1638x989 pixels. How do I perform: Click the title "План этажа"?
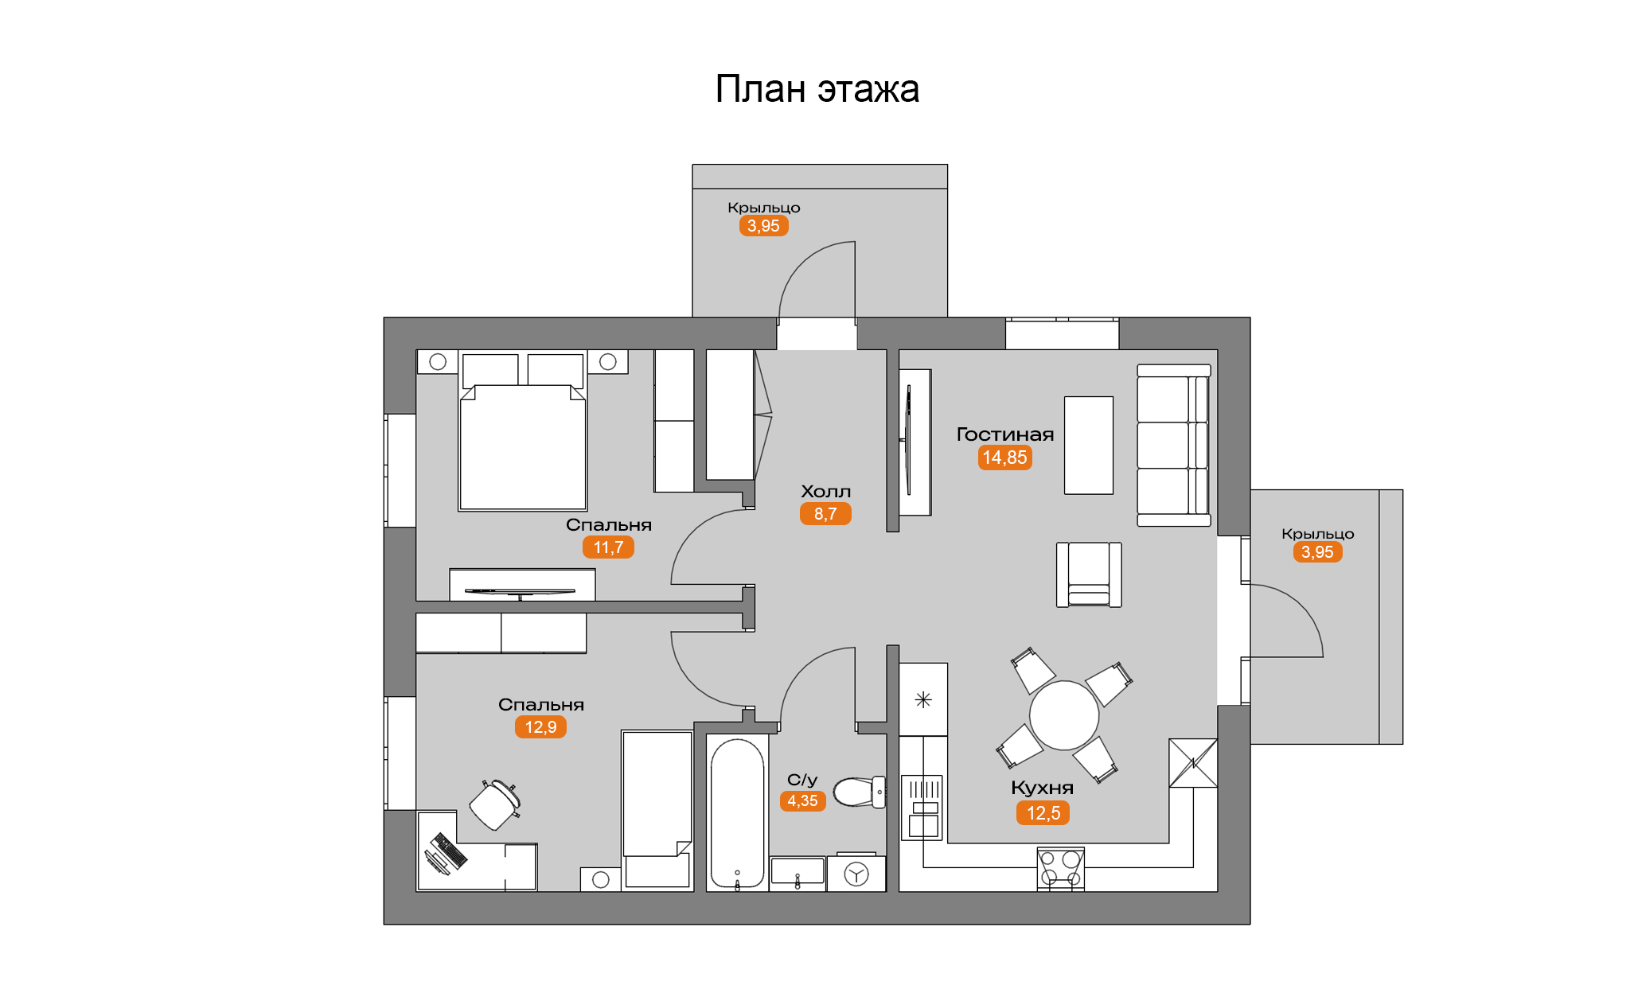tap(817, 89)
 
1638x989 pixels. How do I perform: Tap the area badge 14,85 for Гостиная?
tap(1004, 458)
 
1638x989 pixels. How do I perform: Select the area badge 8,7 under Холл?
tap(825, 514)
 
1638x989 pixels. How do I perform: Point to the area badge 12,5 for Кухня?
tap(1043, 813)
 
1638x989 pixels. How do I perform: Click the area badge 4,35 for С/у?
tap(802, 801)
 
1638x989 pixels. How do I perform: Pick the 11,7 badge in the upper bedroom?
tap(608, 547)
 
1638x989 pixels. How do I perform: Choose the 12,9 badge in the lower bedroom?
tap(540, 727)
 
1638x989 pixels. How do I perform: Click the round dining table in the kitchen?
tap(1064, 715)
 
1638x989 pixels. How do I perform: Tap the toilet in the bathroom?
tap(860, 792)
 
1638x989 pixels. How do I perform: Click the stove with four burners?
tap(1061, 869)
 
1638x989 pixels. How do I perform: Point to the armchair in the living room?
tap(1089, 574)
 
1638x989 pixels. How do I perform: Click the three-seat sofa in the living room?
tap(1174, 446)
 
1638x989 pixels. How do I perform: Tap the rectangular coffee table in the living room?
tap(1089, 446)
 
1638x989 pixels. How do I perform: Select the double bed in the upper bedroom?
tap(523, 432)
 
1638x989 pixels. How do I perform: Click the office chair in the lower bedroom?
tap(495, 804)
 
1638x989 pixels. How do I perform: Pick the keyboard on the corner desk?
tap(450, 851)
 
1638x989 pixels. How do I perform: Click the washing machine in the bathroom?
tap(856, 874)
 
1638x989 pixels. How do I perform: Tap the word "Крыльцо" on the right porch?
tap(1317, 534)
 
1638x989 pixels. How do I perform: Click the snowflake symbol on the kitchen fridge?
tap(923, 700)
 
